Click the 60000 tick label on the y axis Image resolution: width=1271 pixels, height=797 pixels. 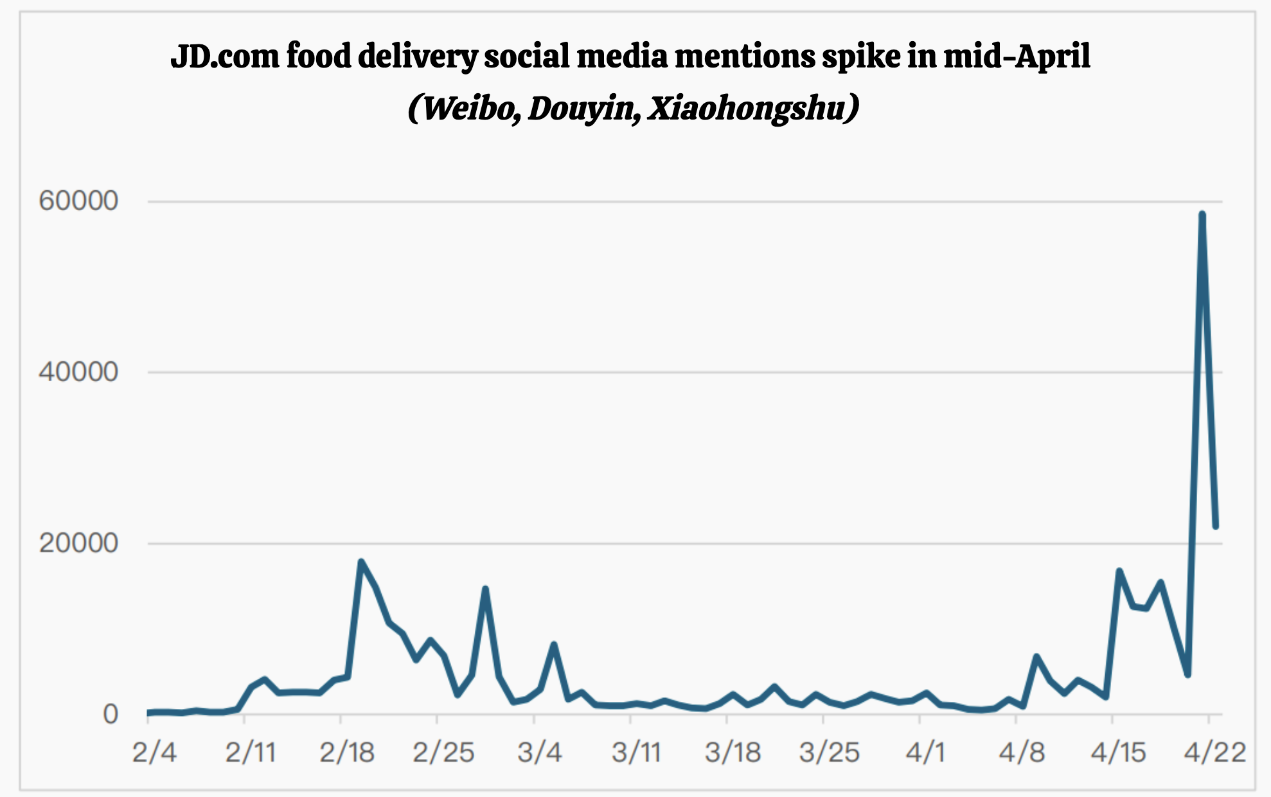point(78,201)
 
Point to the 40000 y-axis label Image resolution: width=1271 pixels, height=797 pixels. point(78,372)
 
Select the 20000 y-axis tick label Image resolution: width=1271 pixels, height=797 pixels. point(78,544)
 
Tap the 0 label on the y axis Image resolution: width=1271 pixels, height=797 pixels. point(111,714)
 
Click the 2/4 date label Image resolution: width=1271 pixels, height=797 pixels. point(154,752)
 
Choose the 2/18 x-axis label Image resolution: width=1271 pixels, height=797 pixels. point(347,752)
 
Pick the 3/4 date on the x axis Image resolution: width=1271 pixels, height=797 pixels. point(540,752)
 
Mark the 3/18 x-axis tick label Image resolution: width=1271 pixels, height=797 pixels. point(733,752)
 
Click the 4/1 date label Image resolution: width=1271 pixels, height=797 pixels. point(925,752)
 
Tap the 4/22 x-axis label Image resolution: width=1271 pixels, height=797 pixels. point(1214,752)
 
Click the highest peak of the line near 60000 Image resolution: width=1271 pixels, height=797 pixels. point(1202,214)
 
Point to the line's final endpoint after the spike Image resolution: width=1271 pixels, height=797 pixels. point(1216,526)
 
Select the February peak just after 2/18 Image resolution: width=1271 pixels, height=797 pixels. point(361,562)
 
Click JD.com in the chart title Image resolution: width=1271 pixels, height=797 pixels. point(225,56)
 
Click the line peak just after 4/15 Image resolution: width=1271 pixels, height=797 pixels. point(1119,571)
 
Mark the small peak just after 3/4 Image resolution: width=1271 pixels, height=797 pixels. point(554,645)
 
